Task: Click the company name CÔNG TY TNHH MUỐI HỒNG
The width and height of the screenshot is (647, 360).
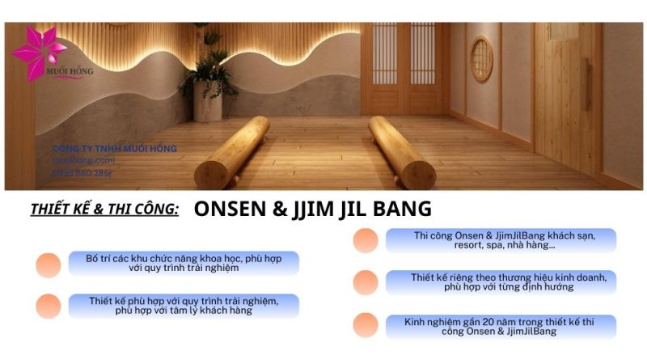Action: click(114, 148)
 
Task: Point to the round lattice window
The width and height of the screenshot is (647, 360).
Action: click(482, 58)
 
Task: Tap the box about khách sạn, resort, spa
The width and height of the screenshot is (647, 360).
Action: click(501, 240)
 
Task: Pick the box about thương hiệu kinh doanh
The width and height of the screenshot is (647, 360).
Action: click(501, 282)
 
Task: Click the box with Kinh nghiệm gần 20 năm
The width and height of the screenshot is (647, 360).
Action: click(501, 326)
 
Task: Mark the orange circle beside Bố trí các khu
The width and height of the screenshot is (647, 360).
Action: click(49, 265)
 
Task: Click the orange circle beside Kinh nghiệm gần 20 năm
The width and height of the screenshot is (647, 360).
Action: click(366, 325)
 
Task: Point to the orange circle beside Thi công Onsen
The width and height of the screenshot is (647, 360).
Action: click(366, 240)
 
